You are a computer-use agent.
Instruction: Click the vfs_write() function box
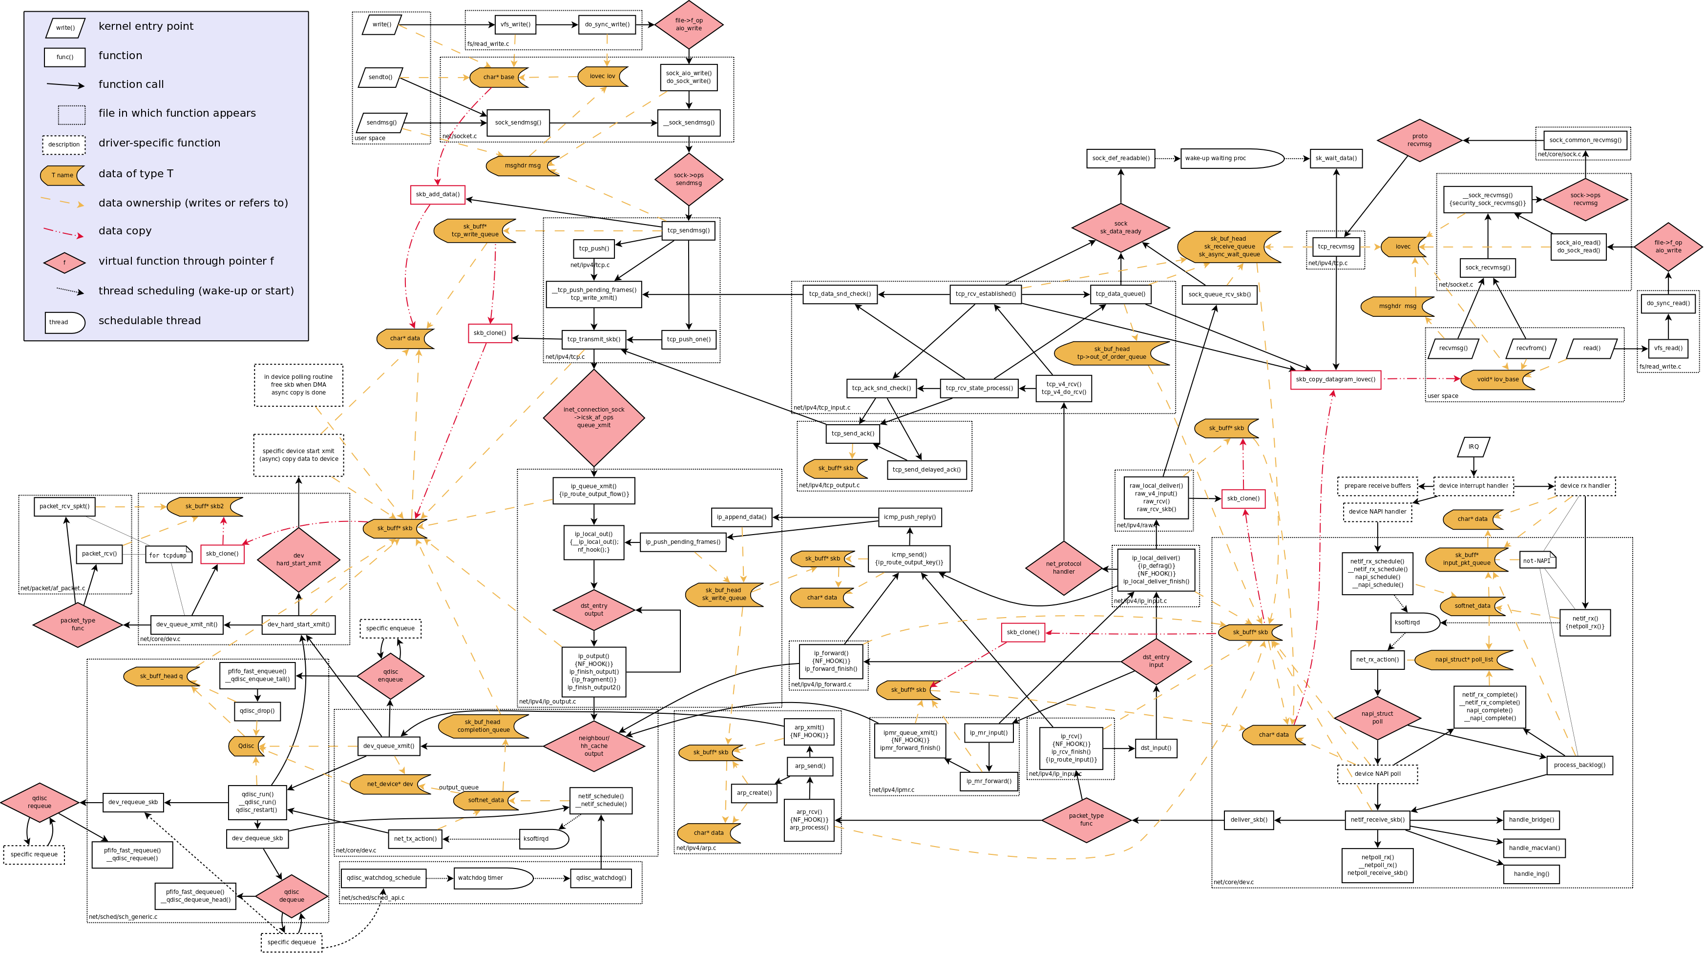click(515, 24)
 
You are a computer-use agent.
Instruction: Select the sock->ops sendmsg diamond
click(688, 179)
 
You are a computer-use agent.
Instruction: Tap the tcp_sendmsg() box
click(688, 230)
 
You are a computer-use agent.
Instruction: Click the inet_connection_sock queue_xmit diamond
click(593, 417)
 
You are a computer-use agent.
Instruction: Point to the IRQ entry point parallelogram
click(1473, 446)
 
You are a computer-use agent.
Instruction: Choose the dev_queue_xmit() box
click(388, 746)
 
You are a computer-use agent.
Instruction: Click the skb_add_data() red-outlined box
click(437, 194)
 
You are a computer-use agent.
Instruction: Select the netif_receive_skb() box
click(1377, 820)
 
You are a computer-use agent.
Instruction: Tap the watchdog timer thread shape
click(493, 878)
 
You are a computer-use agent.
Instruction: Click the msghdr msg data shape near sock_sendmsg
click(523, 166)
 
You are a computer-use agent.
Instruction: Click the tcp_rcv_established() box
click(985, 293)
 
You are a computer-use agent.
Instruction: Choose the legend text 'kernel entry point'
click(146, 26)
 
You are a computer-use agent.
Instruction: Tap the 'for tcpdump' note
click(168, 555)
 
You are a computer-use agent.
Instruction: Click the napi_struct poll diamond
click(1377, 718)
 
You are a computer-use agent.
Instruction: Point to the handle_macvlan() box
click(1534, 848)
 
